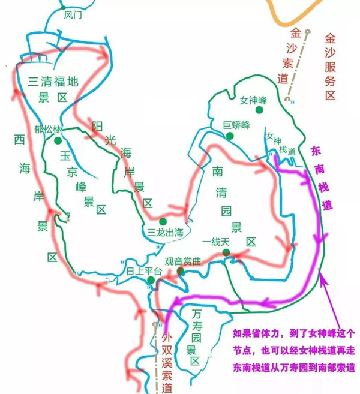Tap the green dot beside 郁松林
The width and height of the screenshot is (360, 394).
[x=57, y=140]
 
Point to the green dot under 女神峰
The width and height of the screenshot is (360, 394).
[x=259, y=110]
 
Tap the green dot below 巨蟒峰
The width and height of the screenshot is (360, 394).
[x=230, y=136]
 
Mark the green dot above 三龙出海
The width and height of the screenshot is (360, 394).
[x=162, y=221]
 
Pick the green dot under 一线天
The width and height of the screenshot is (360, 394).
[x=226, y=252]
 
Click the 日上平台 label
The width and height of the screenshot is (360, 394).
[x=144, y=271]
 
